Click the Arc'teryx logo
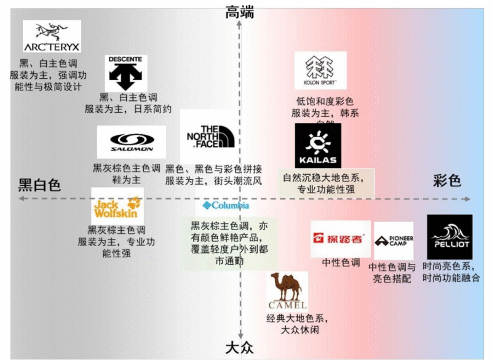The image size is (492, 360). [x=52, y=36]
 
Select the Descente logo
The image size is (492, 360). [x=125, y=73]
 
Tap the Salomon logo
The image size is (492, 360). [x=131, y=142]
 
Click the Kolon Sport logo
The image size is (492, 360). [x=320, y=70]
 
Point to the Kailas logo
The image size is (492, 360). [x=317, y=146]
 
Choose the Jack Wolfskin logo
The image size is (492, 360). [x=117, y=207]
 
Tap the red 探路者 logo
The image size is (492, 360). [x=340, y=238]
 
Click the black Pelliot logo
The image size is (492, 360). [x=449, y=237]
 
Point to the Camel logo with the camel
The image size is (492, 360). [x=287, y=291]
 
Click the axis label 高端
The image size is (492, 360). [x=240, y=11]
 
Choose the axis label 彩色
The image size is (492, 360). [x=446, y=181]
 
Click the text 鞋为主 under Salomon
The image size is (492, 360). [x=126, y=179]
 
